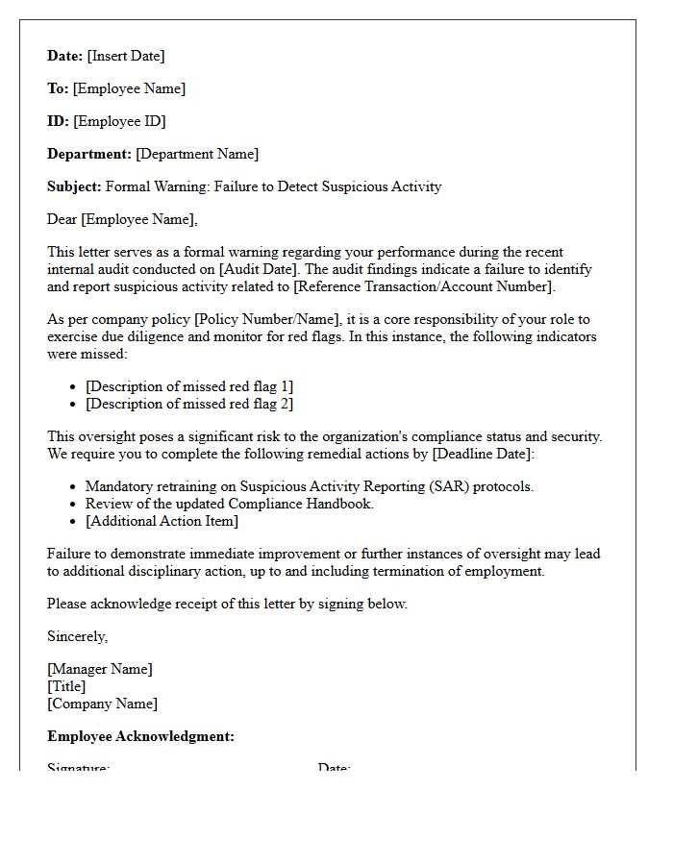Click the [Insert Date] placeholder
tap(126, 56)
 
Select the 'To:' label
tap(58, 88)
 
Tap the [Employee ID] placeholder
tap(119, 121)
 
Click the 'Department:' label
tap(88, 154)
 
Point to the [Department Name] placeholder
tap(197, 154)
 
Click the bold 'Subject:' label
tap(74, 186)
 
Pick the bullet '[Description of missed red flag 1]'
tap(189, 386)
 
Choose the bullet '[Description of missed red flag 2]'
tap(189, 404)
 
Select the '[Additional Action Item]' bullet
tap(162, 521)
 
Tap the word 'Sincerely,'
tap(78, 636)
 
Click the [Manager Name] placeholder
tap(100, 669)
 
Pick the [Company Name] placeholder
tap(102, 704)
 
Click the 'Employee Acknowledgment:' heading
tap(140, 736)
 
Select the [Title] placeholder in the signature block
tap(66, 686)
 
